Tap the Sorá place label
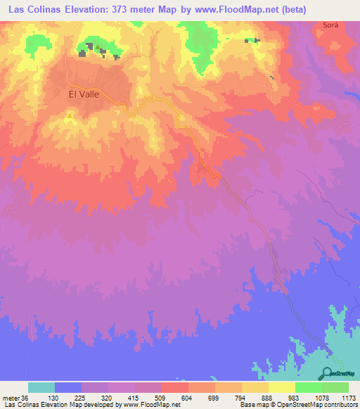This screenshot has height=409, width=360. click(330, 25)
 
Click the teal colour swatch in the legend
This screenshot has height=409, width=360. click(41, 387)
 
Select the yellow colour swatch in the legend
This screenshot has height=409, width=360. click(255, 387)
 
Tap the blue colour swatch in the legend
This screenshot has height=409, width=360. click(68, 387)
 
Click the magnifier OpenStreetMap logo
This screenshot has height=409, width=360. click(328, 373)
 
